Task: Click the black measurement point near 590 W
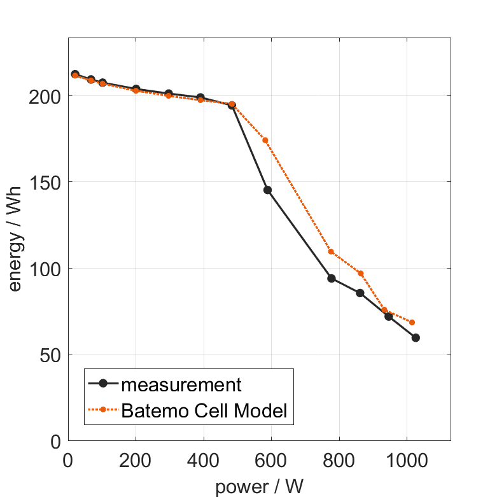tap(268, 190)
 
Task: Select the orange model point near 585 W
tap(265, 140)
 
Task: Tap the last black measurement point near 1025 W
tap(416, 338)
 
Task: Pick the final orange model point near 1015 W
tap(412, 323)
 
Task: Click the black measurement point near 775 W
tap(332, 278)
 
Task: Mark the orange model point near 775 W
tap(331, 251)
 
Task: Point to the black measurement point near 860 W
tap(360, 293)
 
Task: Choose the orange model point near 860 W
tap(361, 274)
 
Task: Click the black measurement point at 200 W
tap(136, 89)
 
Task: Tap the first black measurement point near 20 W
tap(75, 74)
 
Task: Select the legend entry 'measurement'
tap(181, 384)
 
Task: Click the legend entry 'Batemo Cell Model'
tap(204, 410)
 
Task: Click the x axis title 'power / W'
tap(259, 487)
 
